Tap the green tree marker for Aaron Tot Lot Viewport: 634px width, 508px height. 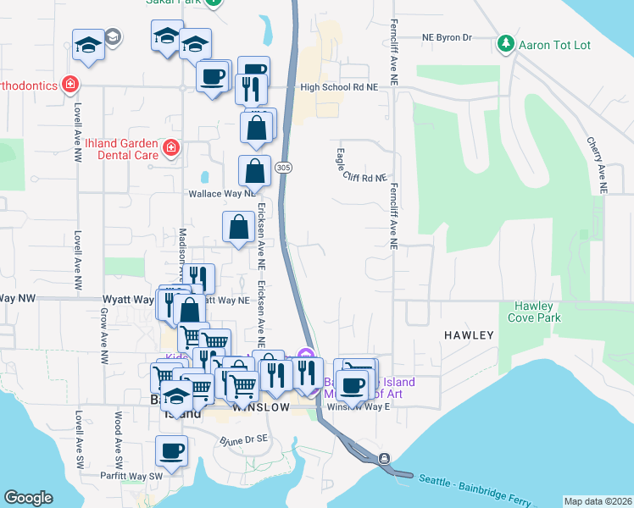[x=506, y=42]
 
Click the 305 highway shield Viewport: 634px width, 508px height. [x=284, y=167]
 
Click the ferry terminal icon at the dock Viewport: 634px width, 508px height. [x=384, y=459]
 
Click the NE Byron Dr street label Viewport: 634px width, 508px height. [x=447, y=38]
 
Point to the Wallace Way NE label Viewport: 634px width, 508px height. [x=221, y=193]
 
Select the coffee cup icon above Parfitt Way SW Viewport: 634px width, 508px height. [x=172, y=451]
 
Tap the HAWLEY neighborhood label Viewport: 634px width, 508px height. [x=469, y=335]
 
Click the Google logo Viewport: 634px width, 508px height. [x=27, y=497]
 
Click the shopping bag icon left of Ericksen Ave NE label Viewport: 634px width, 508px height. [x=239, y=228]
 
